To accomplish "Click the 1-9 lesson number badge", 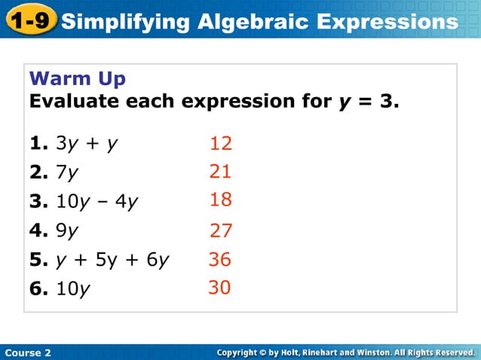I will click(x=29, y=20).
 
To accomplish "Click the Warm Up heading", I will click(x=77, y=78).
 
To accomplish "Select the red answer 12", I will click(x=221, y=144).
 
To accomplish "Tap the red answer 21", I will click(x=220, y=172).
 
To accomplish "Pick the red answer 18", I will click(x=221, y=200).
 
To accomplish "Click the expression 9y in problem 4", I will click(x=68, y=231).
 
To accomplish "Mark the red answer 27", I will click(x=221, y=230).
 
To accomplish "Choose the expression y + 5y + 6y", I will click(x=112, y=260).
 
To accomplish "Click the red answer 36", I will click(x=220, y=260).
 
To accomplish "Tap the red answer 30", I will click(x=219, y=288).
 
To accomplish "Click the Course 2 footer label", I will click(x=28, y=352).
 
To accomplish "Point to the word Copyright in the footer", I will click(x=243, y=352).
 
